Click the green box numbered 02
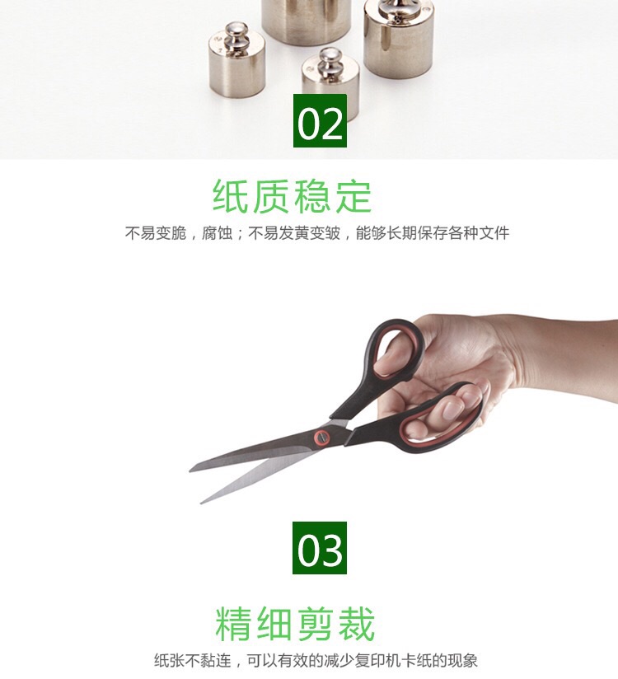320,120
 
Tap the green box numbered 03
320,548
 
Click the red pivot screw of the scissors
321,437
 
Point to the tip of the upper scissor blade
190,471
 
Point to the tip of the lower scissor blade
201,503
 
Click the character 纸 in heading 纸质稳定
230,196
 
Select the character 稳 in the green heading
312,196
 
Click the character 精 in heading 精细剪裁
233,624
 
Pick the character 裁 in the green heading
357,624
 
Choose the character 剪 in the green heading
316,624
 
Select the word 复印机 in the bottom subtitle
378,661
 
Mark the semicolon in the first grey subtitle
241,234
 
